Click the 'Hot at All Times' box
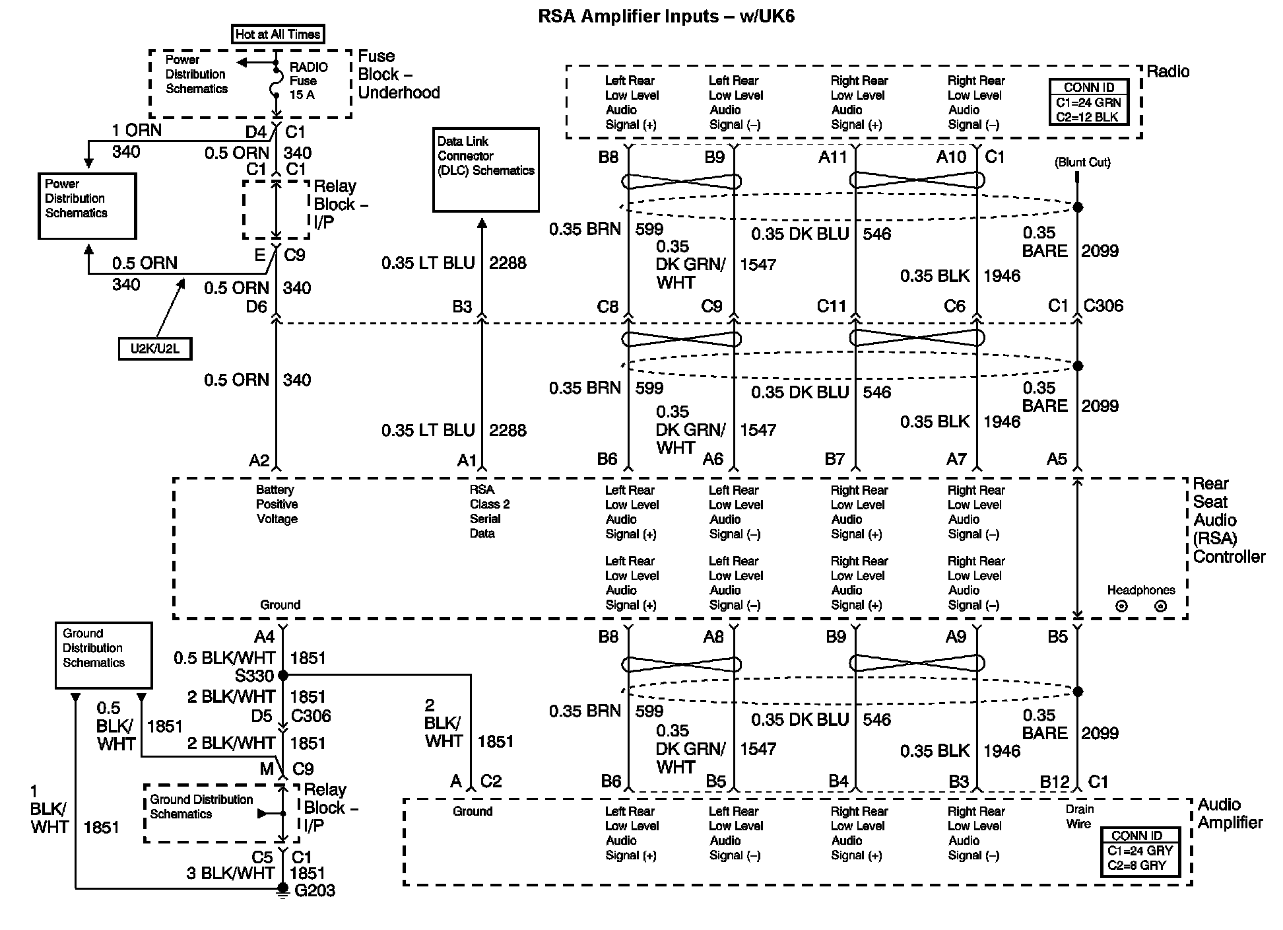278,34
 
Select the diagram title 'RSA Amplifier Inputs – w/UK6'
667,17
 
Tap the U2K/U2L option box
155,349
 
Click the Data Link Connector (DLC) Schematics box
486,170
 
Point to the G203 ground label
315,891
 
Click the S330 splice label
254,676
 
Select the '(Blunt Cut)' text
1082,162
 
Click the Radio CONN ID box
1088,102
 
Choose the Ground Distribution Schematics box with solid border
104,655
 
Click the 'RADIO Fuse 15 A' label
308,81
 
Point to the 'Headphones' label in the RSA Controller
1141,590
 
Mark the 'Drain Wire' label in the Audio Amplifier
1079,817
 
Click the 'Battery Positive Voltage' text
277,505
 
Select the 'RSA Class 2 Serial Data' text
489,512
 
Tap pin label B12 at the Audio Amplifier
1054,782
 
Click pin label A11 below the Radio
832,157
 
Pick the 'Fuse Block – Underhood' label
399,75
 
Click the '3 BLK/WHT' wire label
230,873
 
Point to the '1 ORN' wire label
137,130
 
